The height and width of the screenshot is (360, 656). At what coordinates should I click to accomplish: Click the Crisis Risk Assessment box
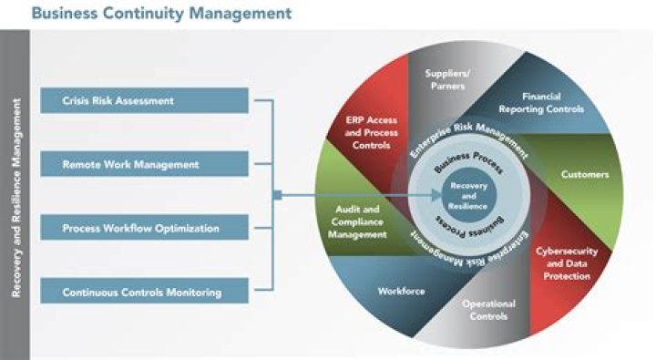coord(144,99)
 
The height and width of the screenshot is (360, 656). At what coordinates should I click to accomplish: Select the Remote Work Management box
coord(144,164)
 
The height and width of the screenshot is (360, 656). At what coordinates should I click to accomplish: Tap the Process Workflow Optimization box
coord(144,228)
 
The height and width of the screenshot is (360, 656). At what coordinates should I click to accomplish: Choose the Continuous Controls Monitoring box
coord(144,292)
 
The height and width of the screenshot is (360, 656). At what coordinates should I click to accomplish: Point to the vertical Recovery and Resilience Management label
coord(15,195)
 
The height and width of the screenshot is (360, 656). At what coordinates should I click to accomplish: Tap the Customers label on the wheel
coord(585,173)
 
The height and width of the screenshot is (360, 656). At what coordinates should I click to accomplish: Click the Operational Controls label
coord(488,310)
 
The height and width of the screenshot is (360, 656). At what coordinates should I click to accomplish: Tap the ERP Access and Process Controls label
coord(369,131)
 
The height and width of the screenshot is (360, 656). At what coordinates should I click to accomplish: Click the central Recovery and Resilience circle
coord(469,194)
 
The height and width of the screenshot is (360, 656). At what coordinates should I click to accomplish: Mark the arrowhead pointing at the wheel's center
coord(438,194)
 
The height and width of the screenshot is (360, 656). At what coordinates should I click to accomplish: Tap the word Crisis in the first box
coord(77,99)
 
